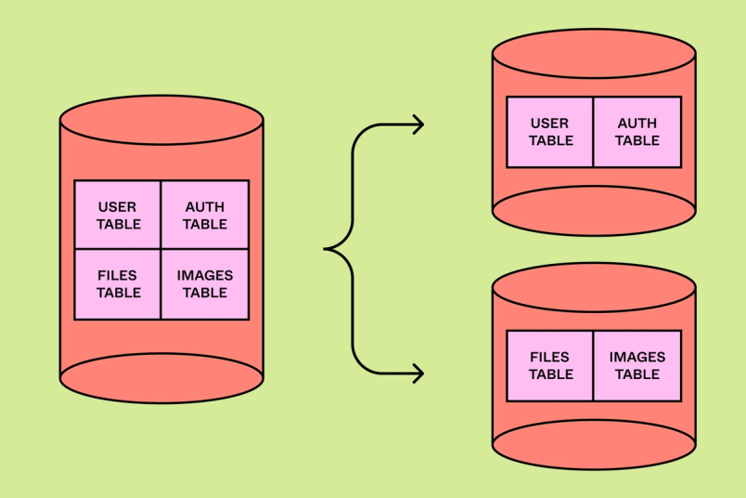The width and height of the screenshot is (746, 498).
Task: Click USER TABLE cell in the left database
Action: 118,216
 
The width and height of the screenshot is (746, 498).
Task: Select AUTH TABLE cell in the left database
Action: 205,216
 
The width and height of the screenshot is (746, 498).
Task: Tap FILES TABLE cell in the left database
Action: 118,284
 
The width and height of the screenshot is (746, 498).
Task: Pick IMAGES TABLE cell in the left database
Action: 205,284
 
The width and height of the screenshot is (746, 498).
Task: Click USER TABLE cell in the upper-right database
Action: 550,132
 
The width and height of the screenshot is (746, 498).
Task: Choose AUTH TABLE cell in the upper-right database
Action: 637,132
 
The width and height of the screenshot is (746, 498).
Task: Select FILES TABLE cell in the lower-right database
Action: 550,366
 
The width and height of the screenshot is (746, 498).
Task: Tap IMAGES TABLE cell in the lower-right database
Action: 637,366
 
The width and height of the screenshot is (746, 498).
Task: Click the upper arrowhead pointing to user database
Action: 419,124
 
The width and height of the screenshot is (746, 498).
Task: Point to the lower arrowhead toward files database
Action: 419,373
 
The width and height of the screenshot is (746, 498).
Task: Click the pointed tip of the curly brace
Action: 327,249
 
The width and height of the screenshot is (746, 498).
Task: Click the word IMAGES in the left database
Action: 205,276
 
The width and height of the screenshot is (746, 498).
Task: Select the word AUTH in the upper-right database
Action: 637,124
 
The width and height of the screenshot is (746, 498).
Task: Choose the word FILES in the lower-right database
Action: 550,358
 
